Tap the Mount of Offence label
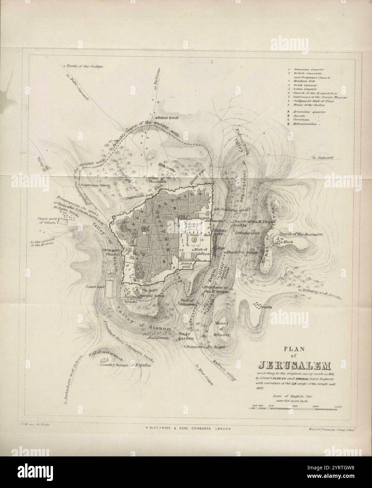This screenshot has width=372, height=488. [x=222, y=329]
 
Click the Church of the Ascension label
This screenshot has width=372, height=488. [x=301, y=234]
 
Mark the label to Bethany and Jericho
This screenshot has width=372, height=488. [x=320, y=295]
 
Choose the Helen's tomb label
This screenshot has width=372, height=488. [x=165, y=118]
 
